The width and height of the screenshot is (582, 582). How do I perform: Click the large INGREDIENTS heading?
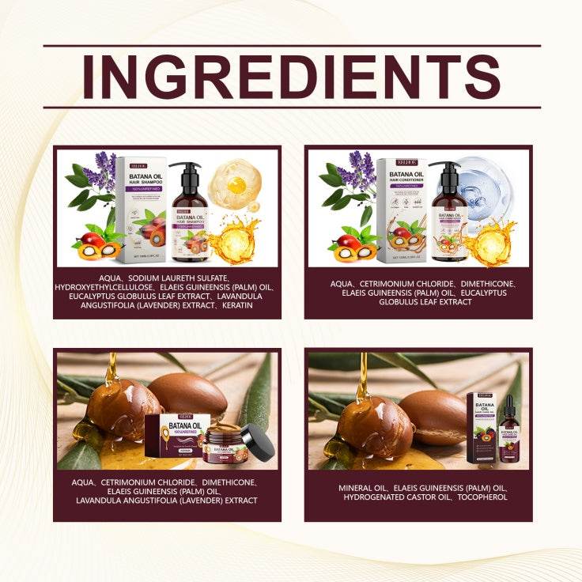(291, 76)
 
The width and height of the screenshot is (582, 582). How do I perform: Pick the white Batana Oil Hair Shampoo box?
(141, 208)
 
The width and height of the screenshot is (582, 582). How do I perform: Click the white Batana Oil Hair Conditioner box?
(402, 209)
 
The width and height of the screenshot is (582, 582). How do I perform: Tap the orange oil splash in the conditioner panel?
(490, 242)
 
